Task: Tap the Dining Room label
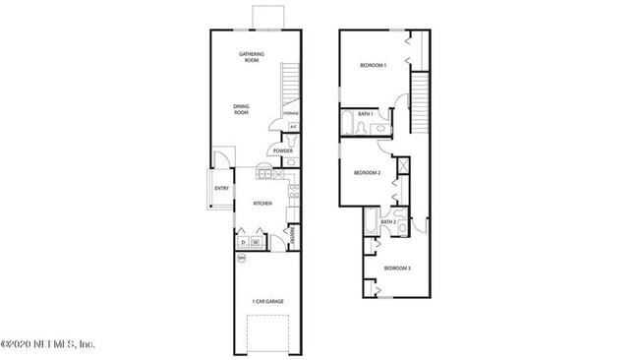pos(241,109)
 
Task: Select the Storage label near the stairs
pos(291,114)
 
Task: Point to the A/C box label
pos(293,127)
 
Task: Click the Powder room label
pos(283,150)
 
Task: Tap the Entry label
pos(221,188)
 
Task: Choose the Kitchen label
pos(262,204)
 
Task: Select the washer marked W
pos(256,242)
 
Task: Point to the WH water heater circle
pos(242,258)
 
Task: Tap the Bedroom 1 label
pos(373,65)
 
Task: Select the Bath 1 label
pos(364,114)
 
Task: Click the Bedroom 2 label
pos(367,173)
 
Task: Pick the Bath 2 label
pos(387,221)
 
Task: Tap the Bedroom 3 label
pos(396,268)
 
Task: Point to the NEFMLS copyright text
pos(47,344)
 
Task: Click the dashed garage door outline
pos(265,334)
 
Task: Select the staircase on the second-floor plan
pos(421,98)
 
